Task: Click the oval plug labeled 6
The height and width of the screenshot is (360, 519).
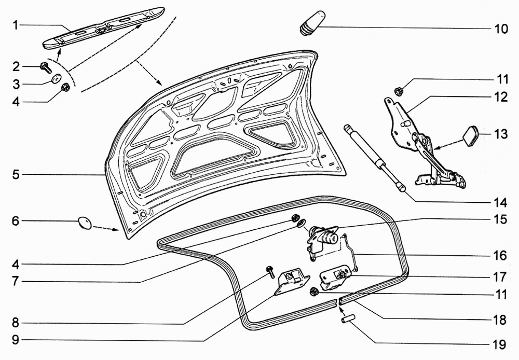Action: tap(84, 223)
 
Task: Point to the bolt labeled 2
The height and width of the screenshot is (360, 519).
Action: tap(45, 67)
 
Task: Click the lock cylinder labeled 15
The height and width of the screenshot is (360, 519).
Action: tap(326, 236)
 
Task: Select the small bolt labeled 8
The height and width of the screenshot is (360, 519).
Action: tap(270, 271)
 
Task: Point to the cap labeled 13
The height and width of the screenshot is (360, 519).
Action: tap(471, 136)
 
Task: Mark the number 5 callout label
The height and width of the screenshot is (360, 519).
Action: tap(16, 175)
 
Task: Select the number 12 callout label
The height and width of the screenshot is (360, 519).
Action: tap(500, 97)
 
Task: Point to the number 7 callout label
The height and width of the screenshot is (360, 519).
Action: tap(16, 283)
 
